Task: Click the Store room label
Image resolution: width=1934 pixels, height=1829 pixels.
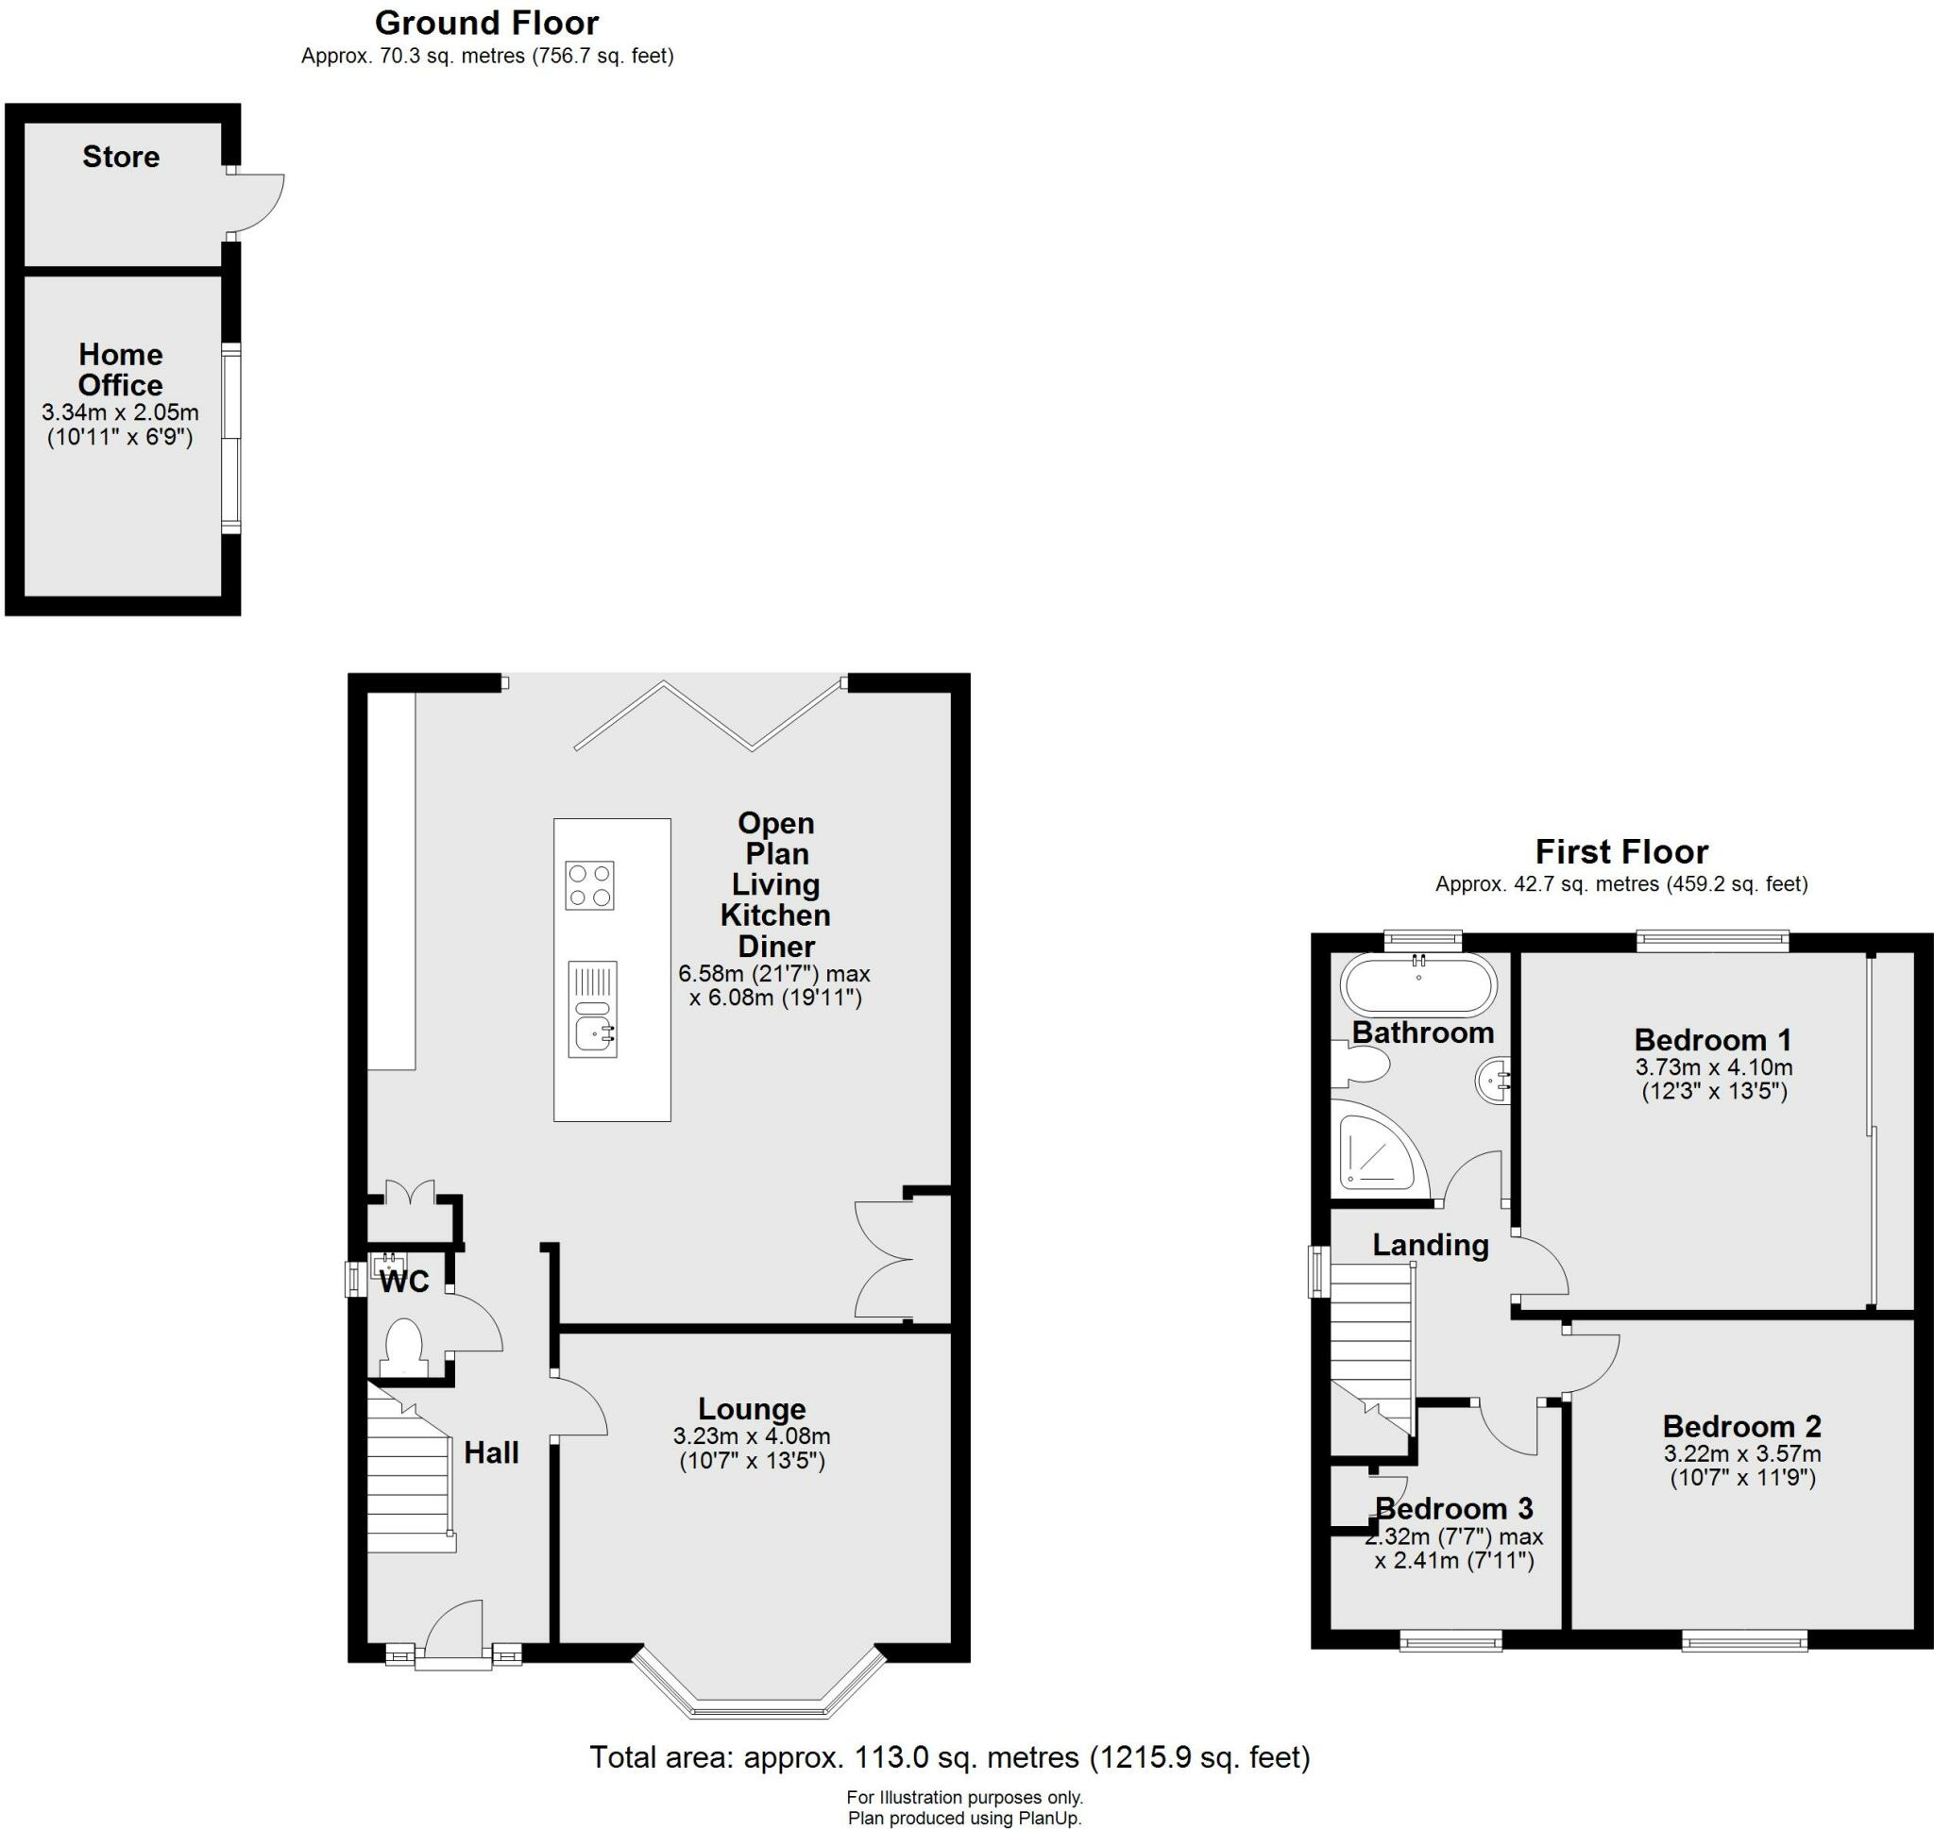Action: coord(121,157)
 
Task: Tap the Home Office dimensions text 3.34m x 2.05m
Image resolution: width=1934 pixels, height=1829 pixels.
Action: coord(120,412)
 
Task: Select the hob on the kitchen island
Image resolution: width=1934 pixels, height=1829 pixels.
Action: coord(589,885)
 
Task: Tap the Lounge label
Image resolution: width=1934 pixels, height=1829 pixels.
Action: coord(751,1409)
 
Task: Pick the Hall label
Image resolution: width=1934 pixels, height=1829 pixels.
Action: coord(490,1452)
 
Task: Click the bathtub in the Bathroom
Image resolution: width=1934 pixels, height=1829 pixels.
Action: coord(1418,985)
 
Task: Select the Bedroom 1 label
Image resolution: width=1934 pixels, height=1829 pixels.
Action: coord(1713,1039)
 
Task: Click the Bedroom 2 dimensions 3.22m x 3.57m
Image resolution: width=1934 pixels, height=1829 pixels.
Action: coord(1742,1453)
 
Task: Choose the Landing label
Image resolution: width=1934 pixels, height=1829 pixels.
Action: coord(1430,1245)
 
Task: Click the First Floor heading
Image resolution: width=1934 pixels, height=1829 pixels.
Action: coord(1620,852)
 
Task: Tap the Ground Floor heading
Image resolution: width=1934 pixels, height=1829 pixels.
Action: coord(486,23)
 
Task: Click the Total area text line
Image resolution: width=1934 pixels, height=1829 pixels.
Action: coord(949,1757)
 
